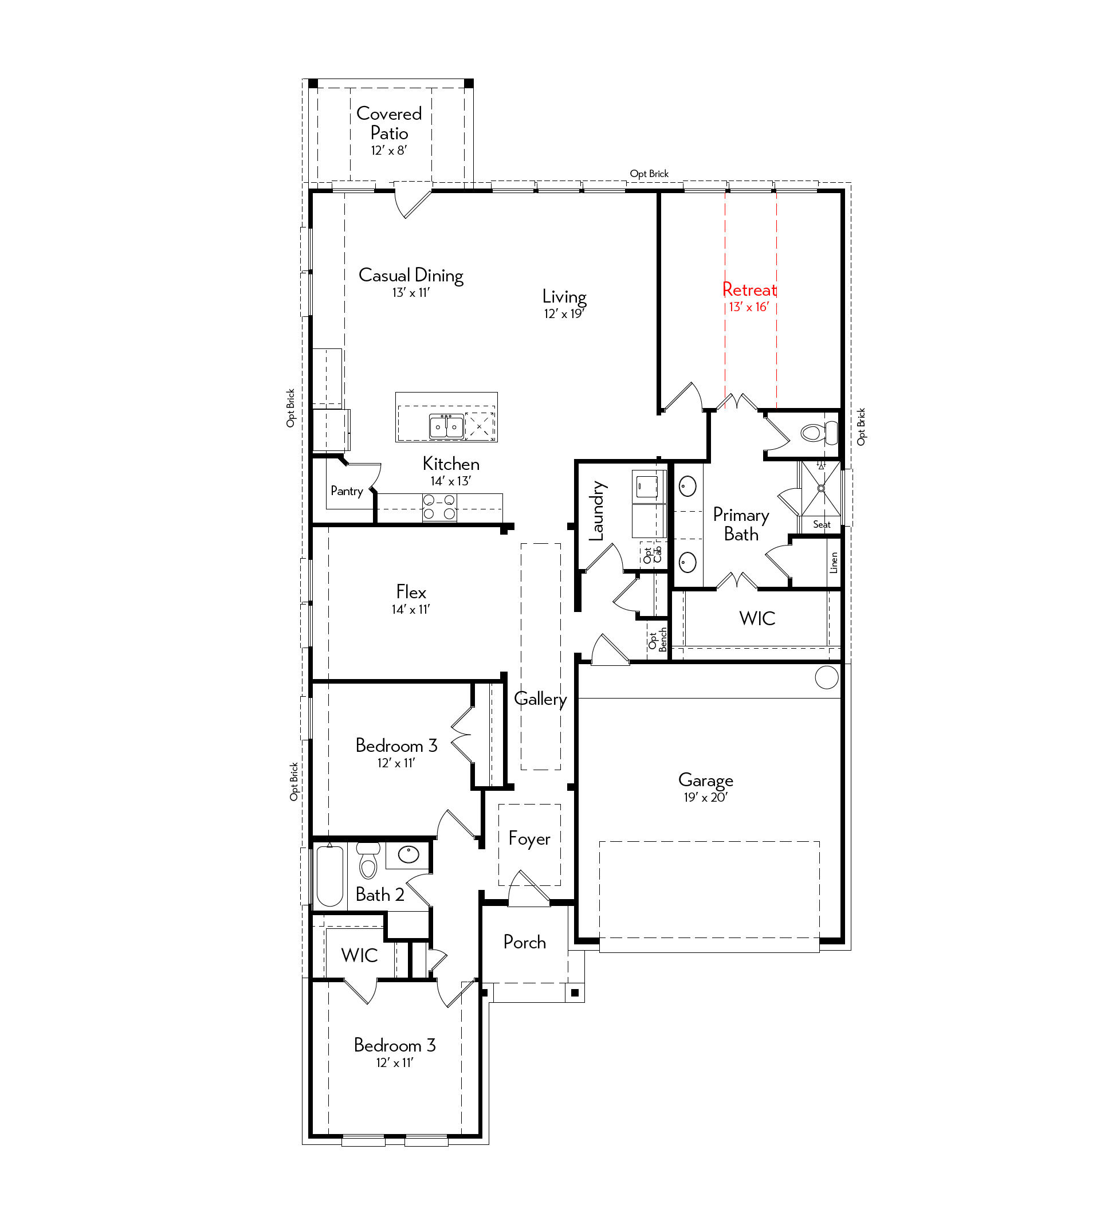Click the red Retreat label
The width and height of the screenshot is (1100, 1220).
pos(749,289)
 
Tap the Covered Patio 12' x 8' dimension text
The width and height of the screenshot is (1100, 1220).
pos(389,151)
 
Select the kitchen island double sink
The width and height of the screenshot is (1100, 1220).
pos(447,426)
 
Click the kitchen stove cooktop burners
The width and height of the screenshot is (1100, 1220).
pos(439,507)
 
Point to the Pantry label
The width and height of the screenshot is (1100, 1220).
pos(347,491)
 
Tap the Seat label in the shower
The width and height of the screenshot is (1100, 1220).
pos(822,524)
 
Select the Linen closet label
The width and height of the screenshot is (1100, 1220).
pos(834,562)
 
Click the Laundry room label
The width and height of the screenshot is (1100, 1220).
pos(596,511)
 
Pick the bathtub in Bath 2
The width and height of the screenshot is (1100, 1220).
pos(330,876)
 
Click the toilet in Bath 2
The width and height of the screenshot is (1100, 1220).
pos(368,860)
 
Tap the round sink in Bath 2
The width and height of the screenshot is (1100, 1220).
pos(408,854)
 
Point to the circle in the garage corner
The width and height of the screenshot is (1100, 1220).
pos(827,677)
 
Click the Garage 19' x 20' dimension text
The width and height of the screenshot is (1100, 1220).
pos(705,798)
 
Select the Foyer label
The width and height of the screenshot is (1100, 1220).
pos(529,839)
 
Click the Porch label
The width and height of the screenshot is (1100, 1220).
pos(525,942)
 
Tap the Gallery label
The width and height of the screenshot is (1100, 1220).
pos(540,700)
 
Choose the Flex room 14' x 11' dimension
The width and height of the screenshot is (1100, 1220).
pos(411,609)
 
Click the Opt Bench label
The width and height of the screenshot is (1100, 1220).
pos(658,640)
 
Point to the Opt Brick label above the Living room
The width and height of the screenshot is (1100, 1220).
pos(649,174)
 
